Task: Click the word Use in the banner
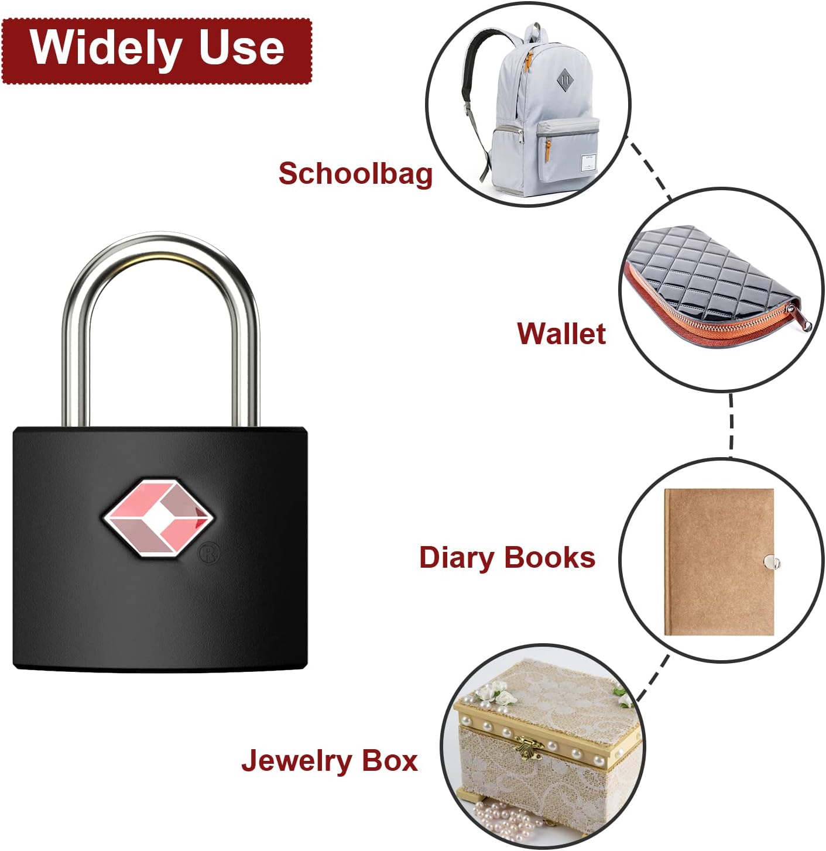click(241, 48)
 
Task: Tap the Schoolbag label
click(355, 174)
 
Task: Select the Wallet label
click(561, 334)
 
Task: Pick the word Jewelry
click(295, 761)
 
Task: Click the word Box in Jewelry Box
click(389, 760)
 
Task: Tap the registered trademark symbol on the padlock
click(209, 553)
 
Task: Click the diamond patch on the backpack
click(564, 80)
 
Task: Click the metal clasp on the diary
click(773, 562)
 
